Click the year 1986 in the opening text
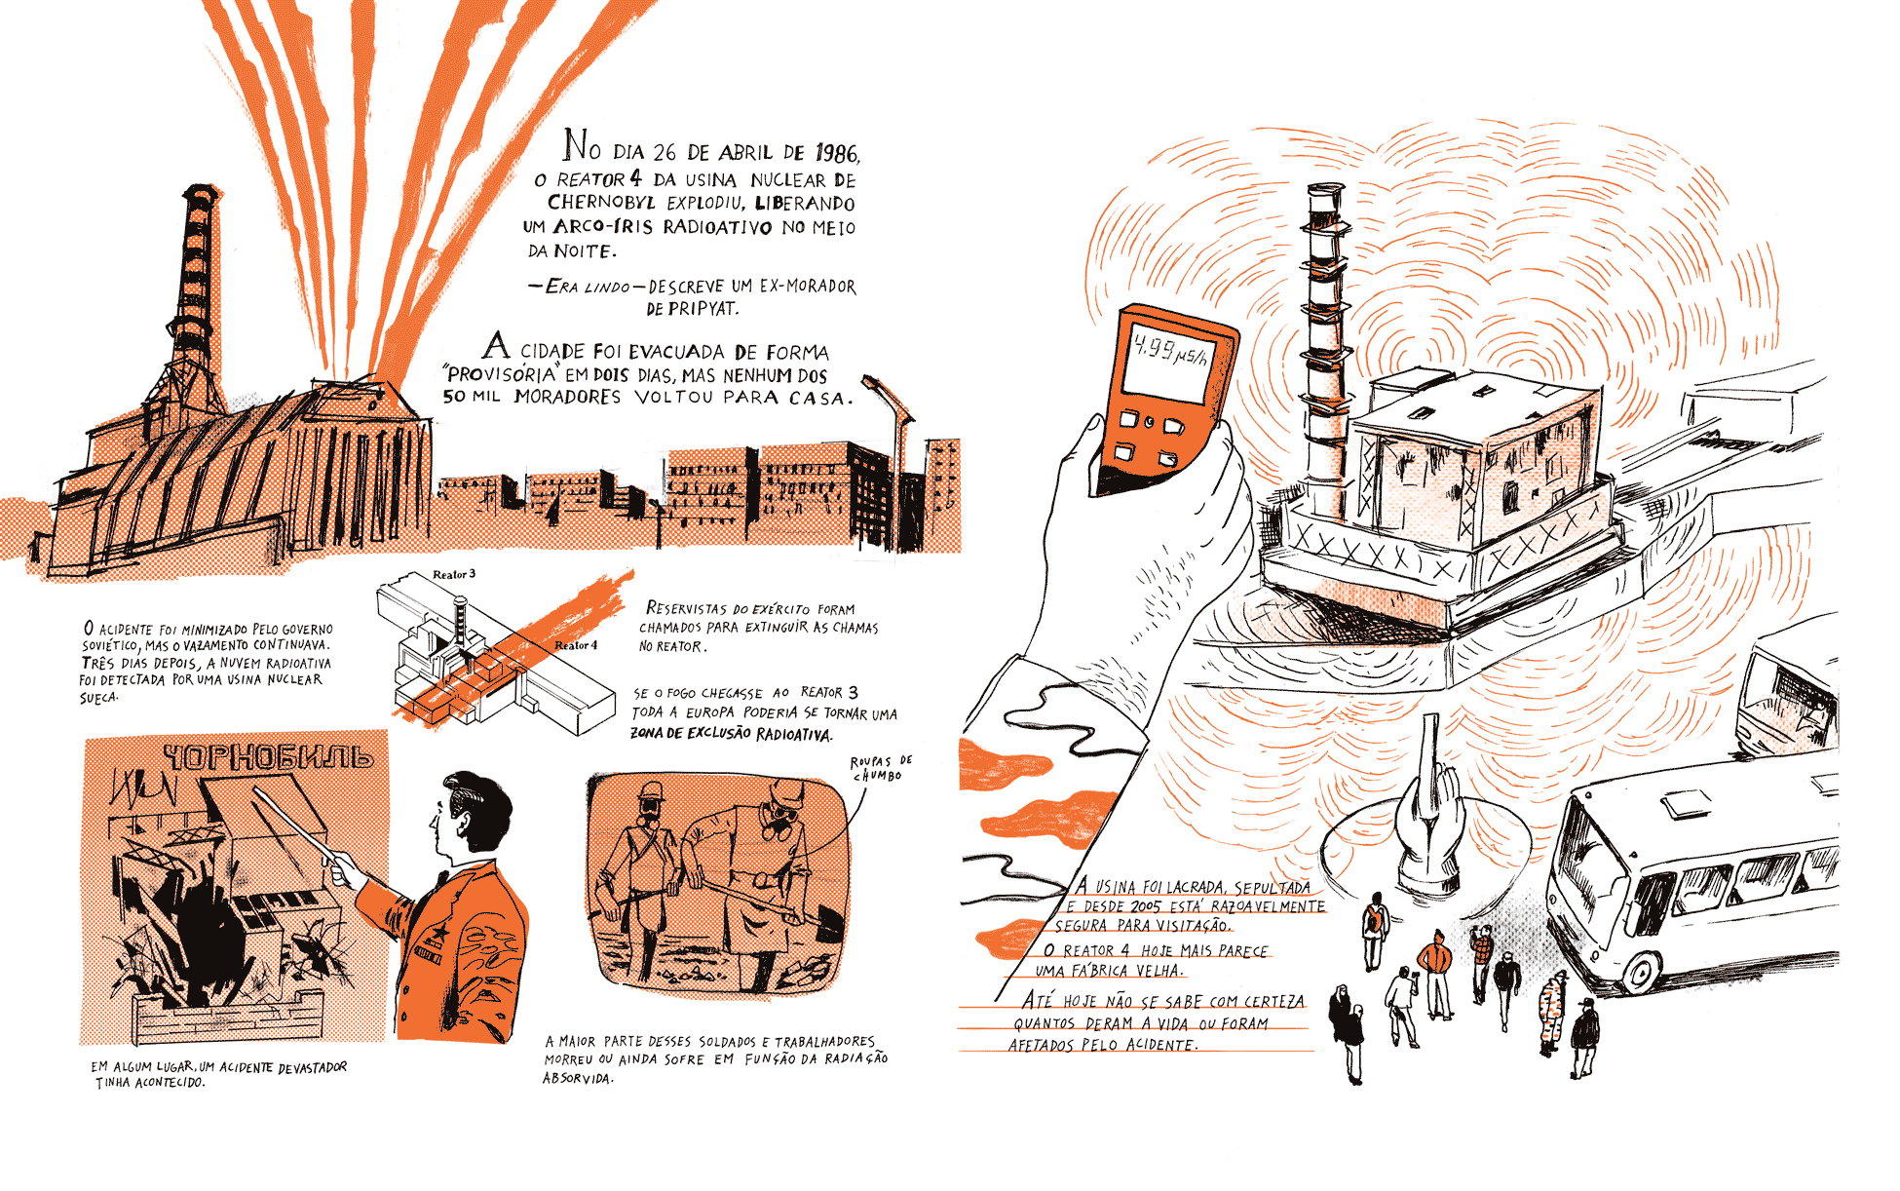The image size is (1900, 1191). pyautogui.click(x=837, y=153)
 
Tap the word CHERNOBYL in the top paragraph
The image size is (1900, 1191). pyautogui.click(x=601, y=203)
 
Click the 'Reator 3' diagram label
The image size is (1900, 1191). pyautogui.click(x=454, y=574)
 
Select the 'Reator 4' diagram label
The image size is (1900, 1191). pyautogui.click(x=576, y=645)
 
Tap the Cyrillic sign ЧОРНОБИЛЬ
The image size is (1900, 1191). pyautogui.click(x=267, y=757)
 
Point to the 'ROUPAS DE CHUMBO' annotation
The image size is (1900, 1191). pyautogui.click(x=880, y=768)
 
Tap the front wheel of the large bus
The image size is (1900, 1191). pyautogui.click(x=1641, y=972)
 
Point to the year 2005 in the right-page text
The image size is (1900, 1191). pyautogui.click(x=1146, y=906)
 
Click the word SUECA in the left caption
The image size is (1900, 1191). pyautogui.click(x=98, y=698)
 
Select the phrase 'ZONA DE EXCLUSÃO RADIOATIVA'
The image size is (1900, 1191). pyautogui.click(x=732, y=734)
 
